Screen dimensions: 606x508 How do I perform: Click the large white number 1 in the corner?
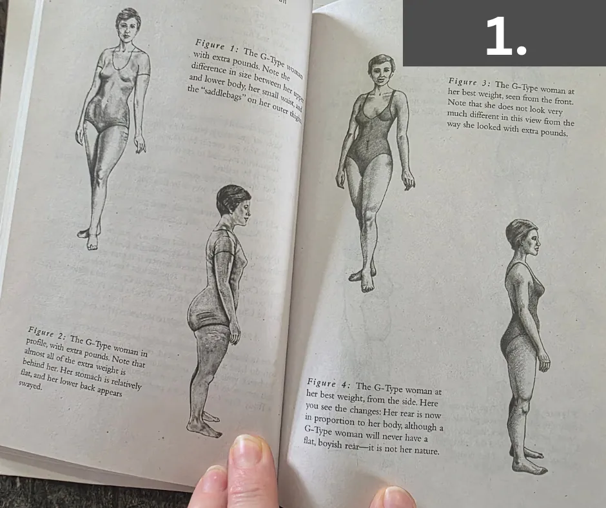(505, 37)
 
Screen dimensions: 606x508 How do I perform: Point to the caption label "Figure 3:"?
(469, 82)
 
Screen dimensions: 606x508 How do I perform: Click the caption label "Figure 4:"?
(329, 384)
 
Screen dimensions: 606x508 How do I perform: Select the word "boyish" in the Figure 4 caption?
(329, 444)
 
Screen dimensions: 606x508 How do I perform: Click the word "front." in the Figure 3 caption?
(562, 101)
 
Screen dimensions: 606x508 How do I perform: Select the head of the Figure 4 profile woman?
(522, 239)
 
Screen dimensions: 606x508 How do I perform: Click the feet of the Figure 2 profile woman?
(204, 425)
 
